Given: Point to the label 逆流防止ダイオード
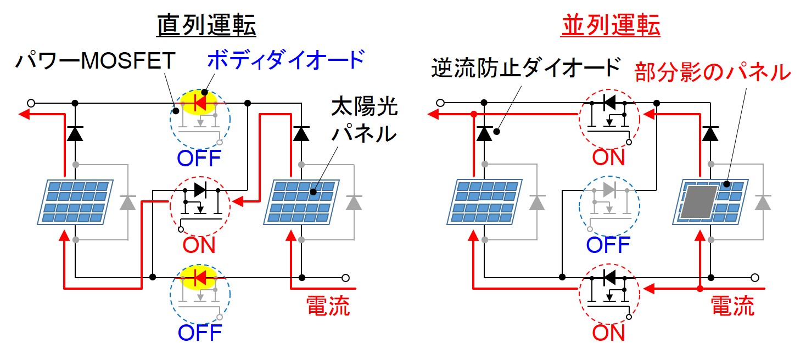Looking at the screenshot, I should (525, 69).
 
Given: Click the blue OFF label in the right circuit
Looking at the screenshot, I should (609, 245).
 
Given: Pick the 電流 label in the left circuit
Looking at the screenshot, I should (327, 306).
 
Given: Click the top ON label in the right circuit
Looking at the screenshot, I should (609, 157).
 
